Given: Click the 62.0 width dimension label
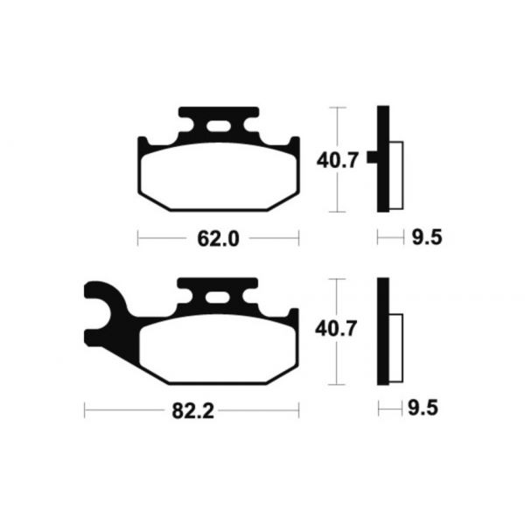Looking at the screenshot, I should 220,237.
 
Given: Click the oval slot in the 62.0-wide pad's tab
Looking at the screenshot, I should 219,131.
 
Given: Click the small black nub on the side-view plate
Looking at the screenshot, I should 372,158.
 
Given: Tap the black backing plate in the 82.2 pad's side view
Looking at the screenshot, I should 382,332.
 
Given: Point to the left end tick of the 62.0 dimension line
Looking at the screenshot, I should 139,237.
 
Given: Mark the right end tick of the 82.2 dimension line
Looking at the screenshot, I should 299,409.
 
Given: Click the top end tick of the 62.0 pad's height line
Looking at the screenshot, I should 338,108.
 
